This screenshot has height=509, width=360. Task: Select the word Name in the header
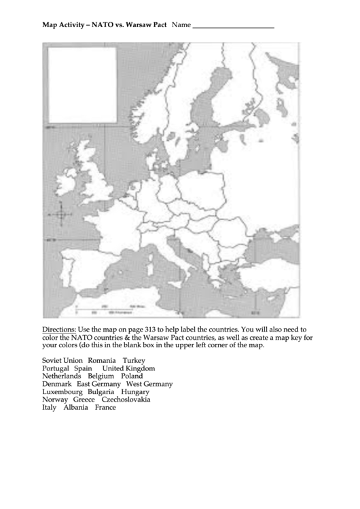pos(181,24)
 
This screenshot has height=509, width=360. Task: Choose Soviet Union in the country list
pos(62,360)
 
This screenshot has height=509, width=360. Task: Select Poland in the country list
pos(132,376)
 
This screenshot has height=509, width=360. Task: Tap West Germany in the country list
pos(149,384)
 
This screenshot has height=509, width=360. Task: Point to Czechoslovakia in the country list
pos(126,400)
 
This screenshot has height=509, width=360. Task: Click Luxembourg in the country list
pos(62,392)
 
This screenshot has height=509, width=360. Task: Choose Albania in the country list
pos(76,408)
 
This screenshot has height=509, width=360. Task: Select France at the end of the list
pos(105,408)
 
